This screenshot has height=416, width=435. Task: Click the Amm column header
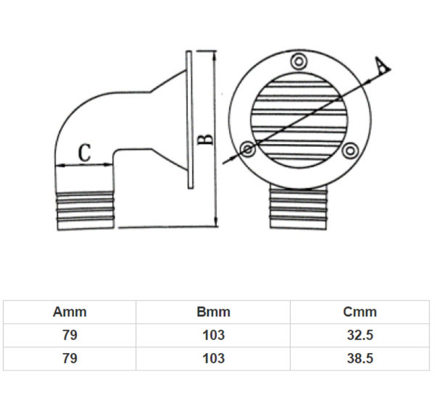point(70,313)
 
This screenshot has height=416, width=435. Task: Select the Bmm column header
point(213,313)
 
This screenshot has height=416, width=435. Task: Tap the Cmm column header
point(360,313)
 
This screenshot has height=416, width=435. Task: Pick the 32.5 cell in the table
point(360,336)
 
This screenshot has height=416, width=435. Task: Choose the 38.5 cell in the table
point(360,358)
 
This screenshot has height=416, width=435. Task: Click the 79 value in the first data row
point(70,336)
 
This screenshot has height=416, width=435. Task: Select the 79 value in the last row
point(70,358)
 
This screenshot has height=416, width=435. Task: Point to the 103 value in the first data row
point(213,336)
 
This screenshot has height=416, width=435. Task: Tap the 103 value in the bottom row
point(213,358)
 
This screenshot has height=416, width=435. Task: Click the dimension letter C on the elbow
point(85,153)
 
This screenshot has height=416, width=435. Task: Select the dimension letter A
point(380,66)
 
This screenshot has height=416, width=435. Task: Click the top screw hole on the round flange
point(297,60)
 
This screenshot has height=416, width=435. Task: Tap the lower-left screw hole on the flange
point(248,150)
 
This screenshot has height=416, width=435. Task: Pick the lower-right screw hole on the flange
point(351,150)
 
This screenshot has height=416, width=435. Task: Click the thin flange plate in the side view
point(189,119)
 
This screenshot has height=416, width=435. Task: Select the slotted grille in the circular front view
point(299,112)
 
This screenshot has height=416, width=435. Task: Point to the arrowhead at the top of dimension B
point(216,55)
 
